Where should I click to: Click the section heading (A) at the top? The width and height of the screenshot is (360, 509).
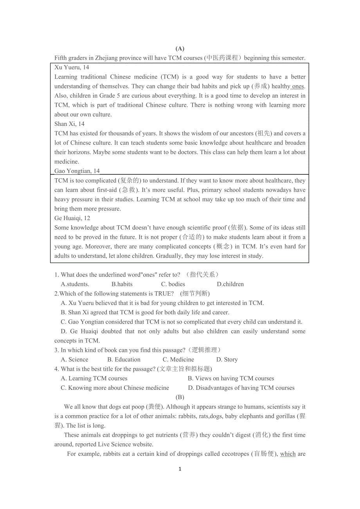pyautogui.click(x=180, y=48)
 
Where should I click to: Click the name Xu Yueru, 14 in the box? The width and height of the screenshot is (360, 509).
pyautogui.click(x=72, y=67)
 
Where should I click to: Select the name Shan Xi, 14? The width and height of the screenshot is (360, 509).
pyautogui.click(x=69, y=124)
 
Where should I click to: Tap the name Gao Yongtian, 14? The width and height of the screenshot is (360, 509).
pyautogui.click(x=77, y=171)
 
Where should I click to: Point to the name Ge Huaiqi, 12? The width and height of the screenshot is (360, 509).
pyautogui.click(x=72, y=218)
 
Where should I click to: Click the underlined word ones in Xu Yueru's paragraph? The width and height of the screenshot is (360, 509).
pyautogui.click(x=298, y=86)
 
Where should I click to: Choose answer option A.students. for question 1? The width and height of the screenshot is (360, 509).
pyautogui.click(x=75, y=284)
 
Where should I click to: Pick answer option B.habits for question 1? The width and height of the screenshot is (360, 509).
pyautogui.click(x=122, y=284)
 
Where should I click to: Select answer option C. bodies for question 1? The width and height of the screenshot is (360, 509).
pyautogui.click(x=173, y=284)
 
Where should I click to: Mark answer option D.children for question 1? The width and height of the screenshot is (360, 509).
pyautogui.click(x=230, y=284)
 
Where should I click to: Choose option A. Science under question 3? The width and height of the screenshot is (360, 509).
pyautogui.click(x=75, y=360)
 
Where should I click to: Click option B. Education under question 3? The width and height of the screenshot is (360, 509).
pyautogui.click(x=124, y=360)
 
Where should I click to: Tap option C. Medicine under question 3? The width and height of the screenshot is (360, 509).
pyautogui.click(x=178, y=360)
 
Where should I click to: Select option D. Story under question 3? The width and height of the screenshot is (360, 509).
pyautogui.click(x=227, y=360)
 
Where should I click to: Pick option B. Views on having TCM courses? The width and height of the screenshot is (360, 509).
pyautogui.click(x=231, y=378)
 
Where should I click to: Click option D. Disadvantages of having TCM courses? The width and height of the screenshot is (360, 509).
pyautogui.click(x=241, y=388)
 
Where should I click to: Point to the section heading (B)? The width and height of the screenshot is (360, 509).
pyautogui.click(x=180, y=397)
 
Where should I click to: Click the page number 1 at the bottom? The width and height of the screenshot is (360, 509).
pyautogui.click(x=180, y=469)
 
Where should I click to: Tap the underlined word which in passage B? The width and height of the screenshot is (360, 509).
pyautogui.click(x=288, y=454)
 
